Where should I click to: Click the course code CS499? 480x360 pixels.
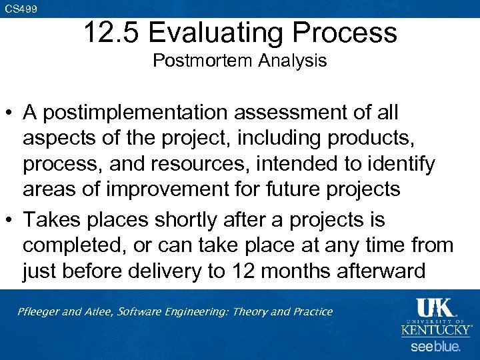(21, 9)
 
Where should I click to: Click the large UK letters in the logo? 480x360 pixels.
(435, 308)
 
